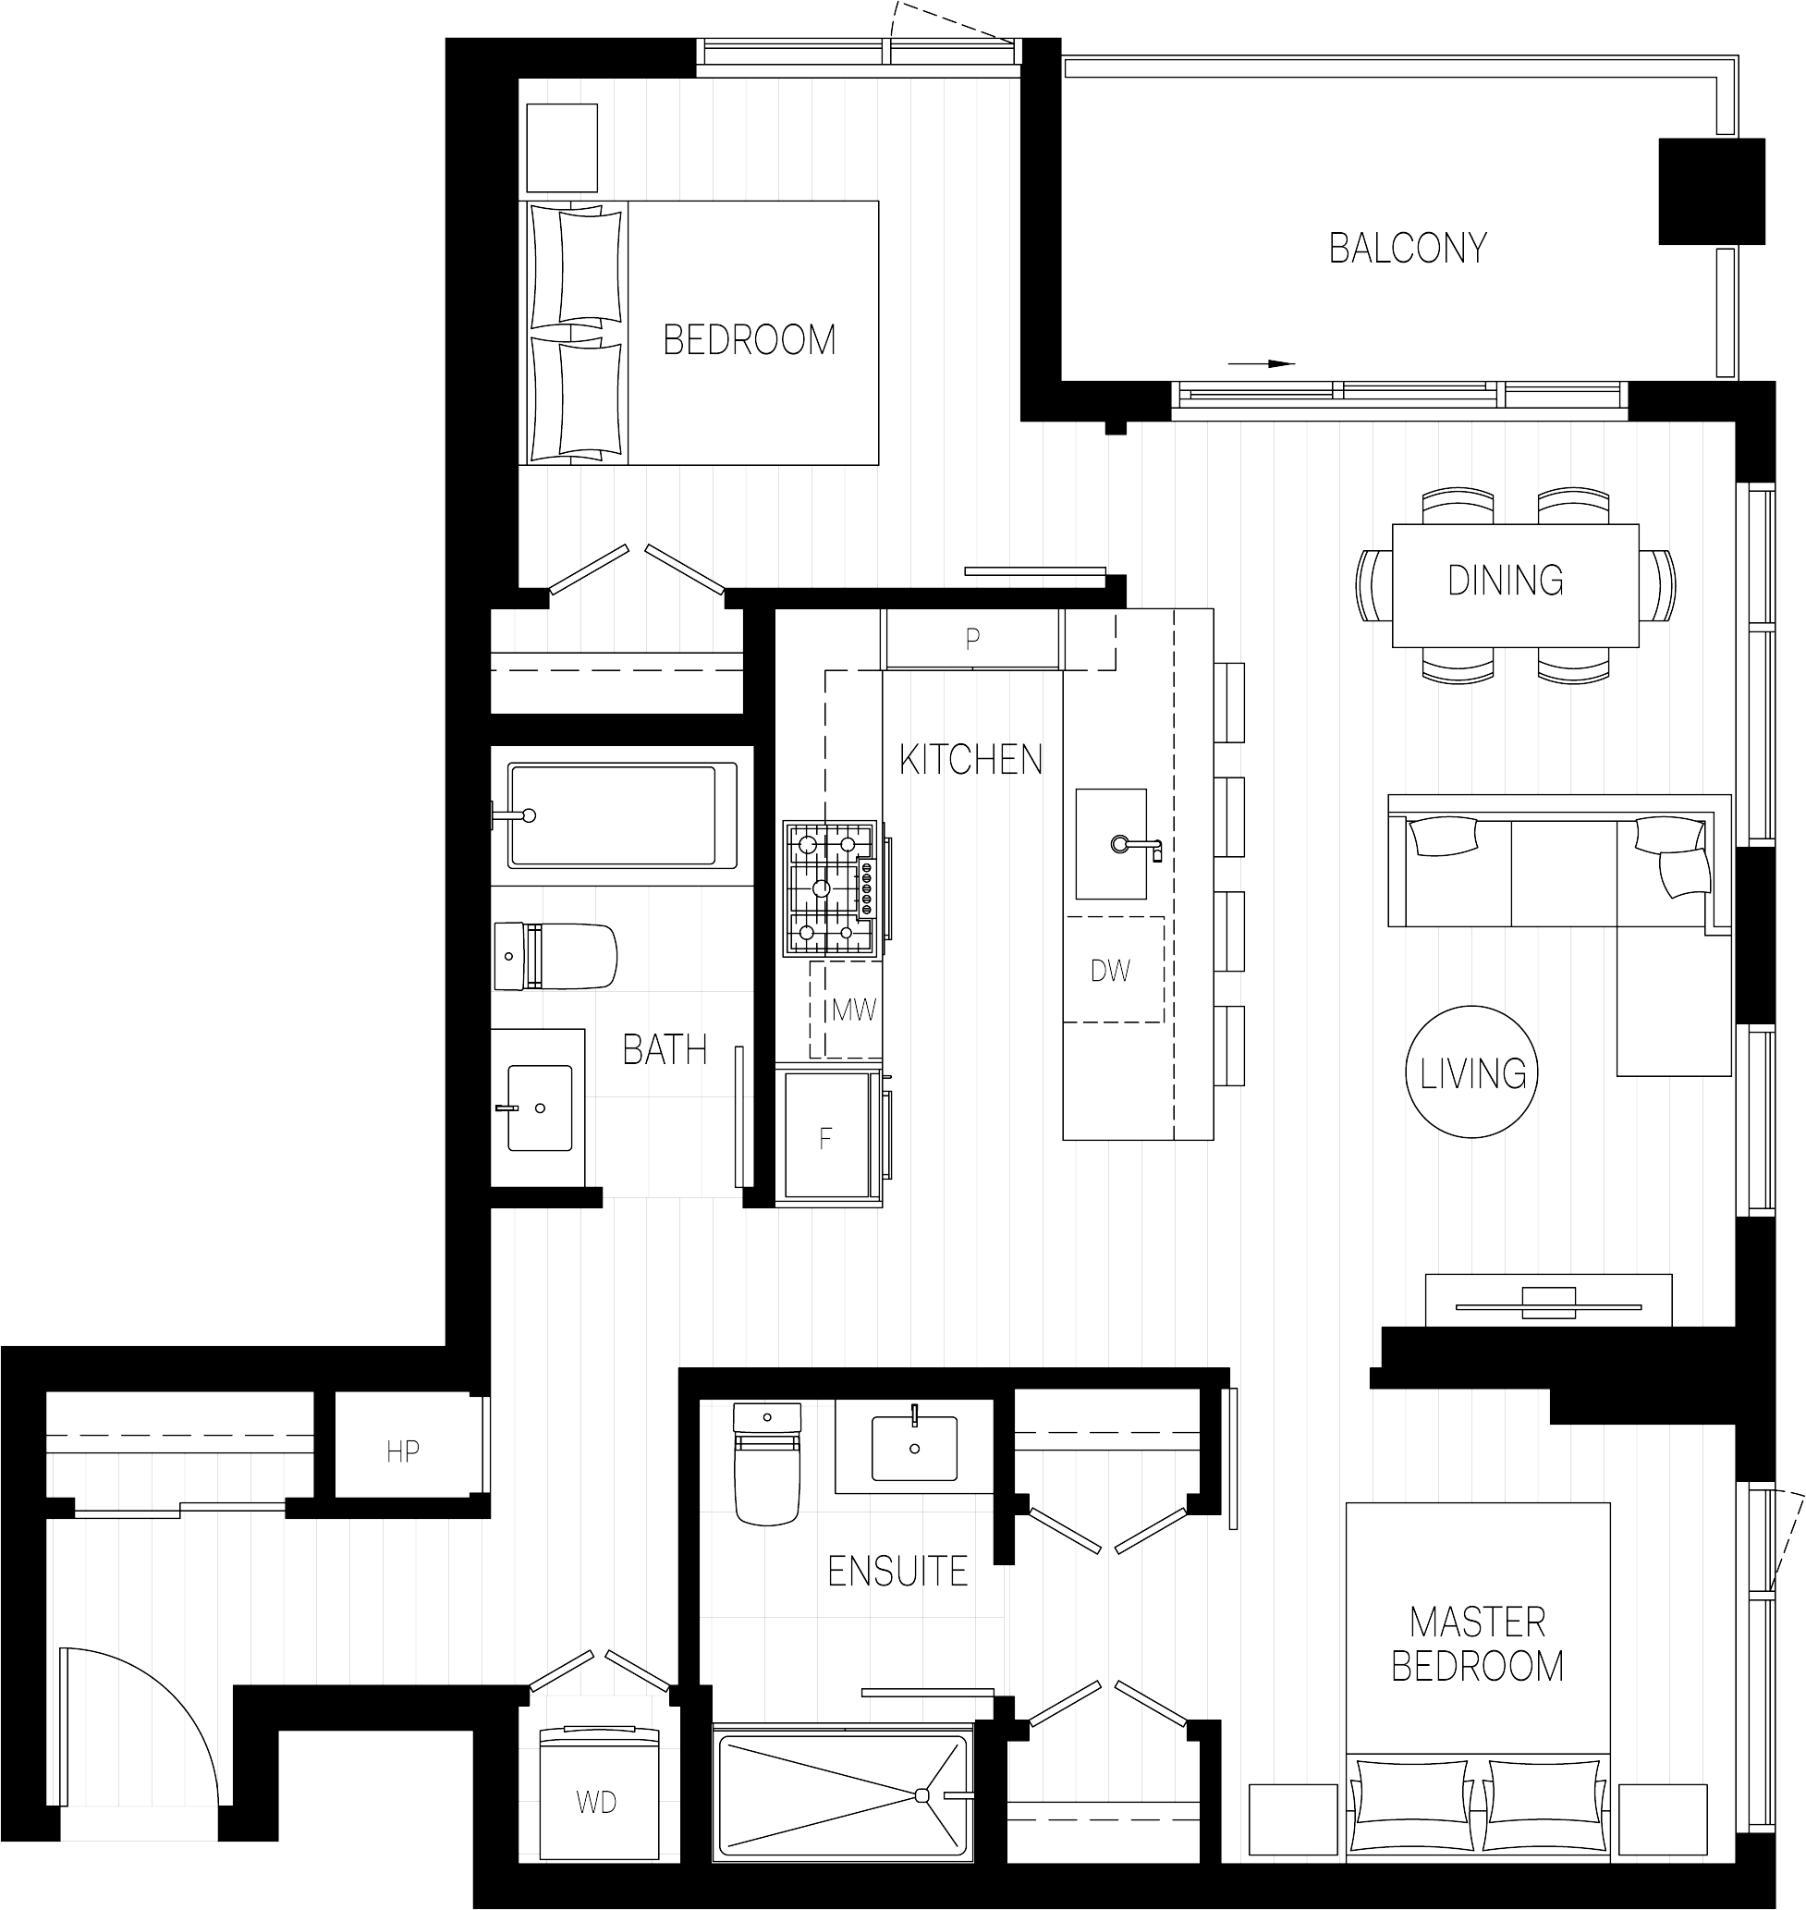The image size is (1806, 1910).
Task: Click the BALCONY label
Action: [x=1408, y=249]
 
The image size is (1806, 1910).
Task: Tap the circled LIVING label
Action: [x=1472, y=1072]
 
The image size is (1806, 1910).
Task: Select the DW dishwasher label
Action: [x=1110, y=971]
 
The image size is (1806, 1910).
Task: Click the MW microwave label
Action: [x=854, y=1010]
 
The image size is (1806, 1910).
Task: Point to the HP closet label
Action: [x=402, y=1451]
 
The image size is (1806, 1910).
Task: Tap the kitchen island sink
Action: [x=1111, y=844]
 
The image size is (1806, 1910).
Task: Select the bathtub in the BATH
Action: [x=622, y=815]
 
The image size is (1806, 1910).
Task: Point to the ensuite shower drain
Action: [x=921, y=1794]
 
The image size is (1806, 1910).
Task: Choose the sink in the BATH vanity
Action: [x=539, y=1108]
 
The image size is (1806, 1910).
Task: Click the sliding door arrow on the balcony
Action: [x=1263, y=364]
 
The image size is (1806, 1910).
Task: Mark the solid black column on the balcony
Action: [x=1712, y=190]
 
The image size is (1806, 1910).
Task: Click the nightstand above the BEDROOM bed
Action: [x=562, y=147]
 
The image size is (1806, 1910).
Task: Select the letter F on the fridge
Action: [x=825, y=1139]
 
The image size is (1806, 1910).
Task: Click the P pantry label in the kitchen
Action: [x=972, y=637]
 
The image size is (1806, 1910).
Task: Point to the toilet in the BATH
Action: [x=555, y=956]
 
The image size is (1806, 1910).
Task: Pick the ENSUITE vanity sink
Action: [x=914, y=1447]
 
